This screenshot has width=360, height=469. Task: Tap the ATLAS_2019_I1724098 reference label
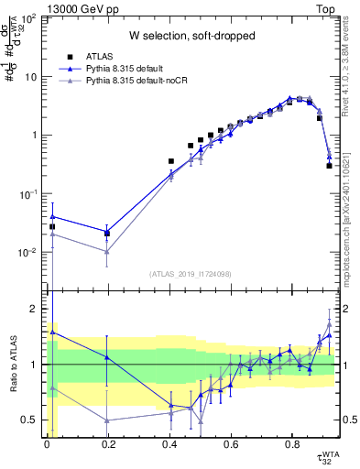[191, 273]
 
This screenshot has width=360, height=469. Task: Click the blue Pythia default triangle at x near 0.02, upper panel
[52, 216]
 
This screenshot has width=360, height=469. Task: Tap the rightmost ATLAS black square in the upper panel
[329, 166]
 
